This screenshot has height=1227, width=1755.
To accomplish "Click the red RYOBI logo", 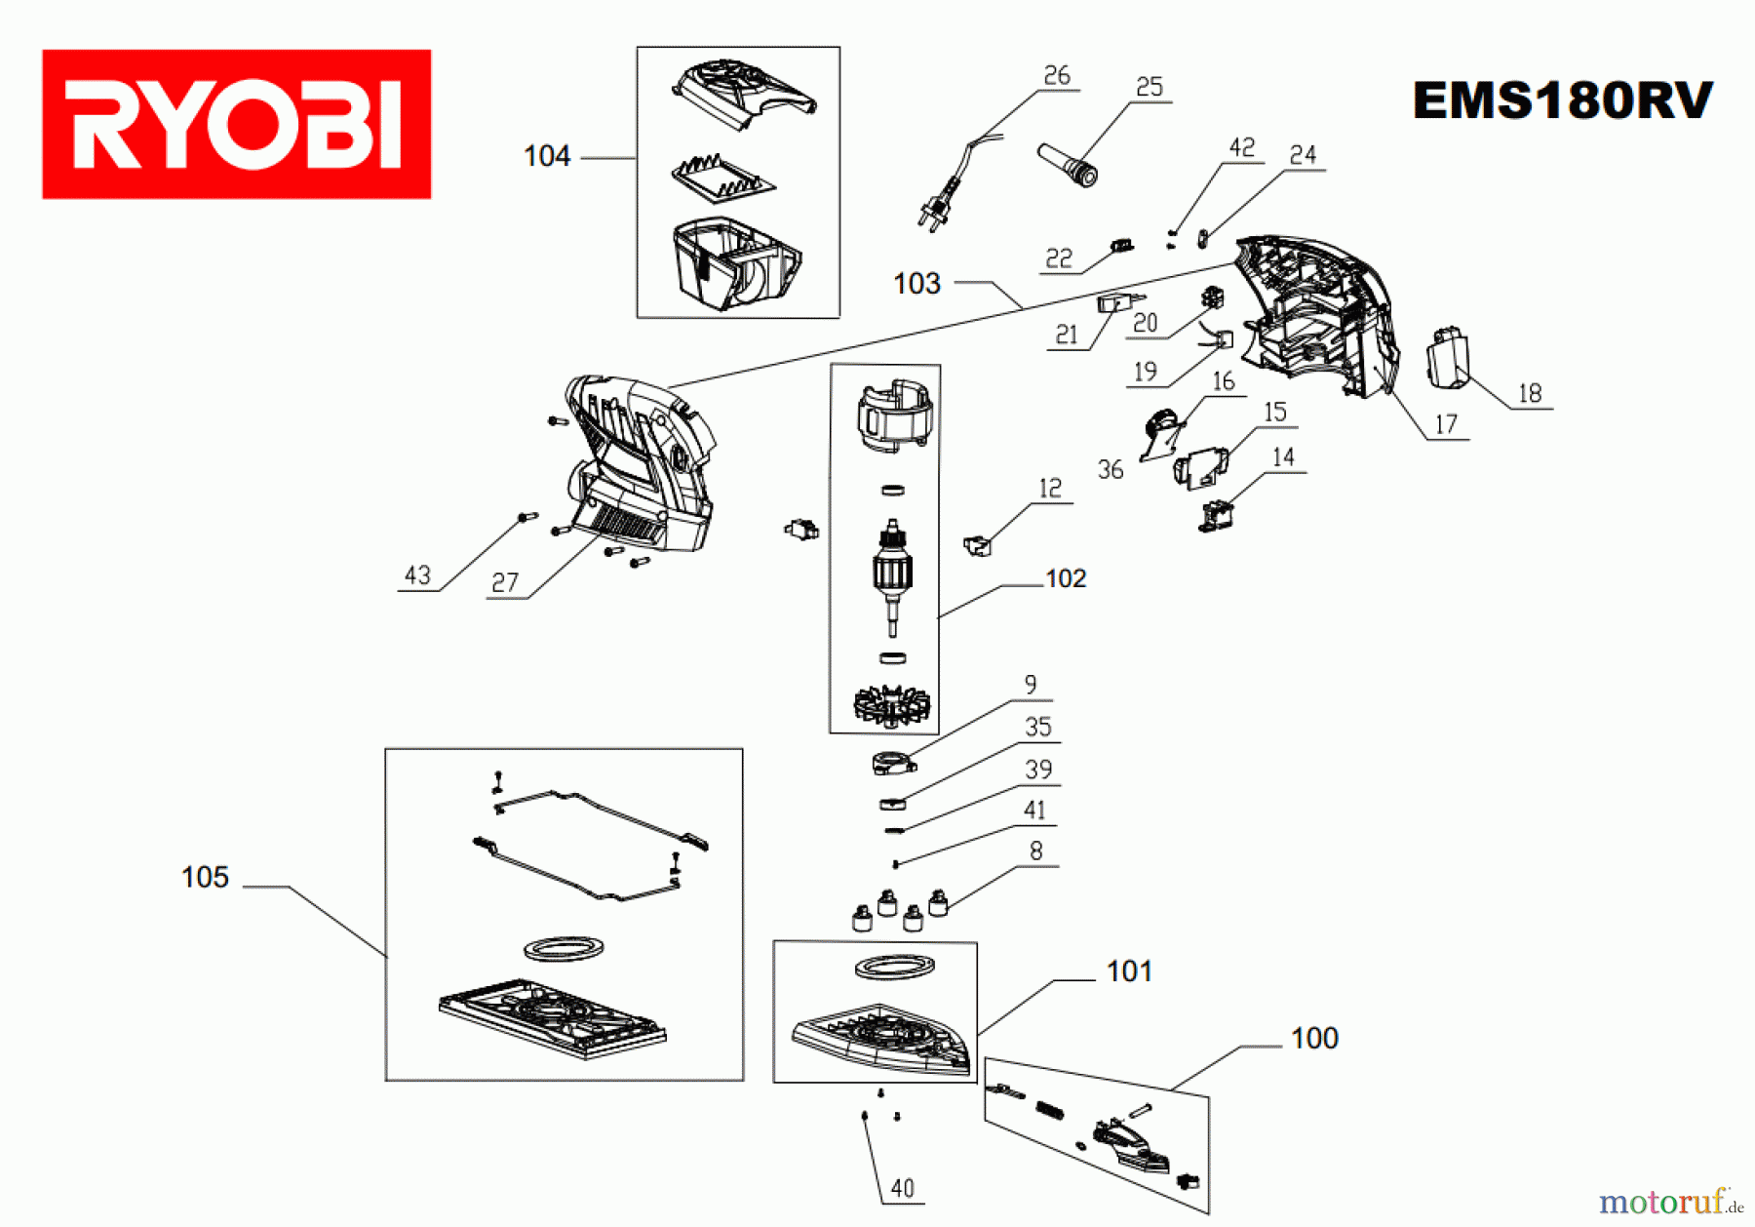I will (x=236, y=124).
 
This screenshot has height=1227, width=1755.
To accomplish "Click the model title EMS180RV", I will (x=1562, y=100).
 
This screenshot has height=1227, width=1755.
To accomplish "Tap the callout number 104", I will (x=546, y=156).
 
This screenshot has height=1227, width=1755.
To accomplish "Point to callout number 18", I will (x=1529, y=393).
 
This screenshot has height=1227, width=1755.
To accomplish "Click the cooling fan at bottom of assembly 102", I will (x=891, y=704).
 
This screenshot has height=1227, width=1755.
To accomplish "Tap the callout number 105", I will (x=205, y=877).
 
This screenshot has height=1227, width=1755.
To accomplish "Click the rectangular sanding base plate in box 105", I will (x=552, y=1017).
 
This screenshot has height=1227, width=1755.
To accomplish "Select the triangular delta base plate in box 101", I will (x=882, y=1039).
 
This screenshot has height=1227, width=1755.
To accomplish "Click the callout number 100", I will (x=1313, y=1038).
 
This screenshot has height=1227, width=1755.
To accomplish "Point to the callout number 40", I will (x=902, y=1188).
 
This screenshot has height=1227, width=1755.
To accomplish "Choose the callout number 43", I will (x=417, y=575).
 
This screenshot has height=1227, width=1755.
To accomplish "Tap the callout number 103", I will (x=916, y=284).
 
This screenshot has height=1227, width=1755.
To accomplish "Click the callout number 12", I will (x=1049, y=488).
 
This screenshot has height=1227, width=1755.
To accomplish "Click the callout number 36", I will (x=1110, y=469).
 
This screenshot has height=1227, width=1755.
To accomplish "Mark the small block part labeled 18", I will (x=1447, y=356).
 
